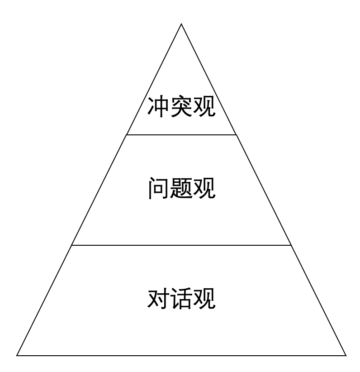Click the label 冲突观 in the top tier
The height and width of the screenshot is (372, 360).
click(181, 106)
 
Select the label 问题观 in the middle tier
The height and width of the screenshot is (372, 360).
click(182, 188)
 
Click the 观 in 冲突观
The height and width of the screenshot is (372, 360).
click(204, 106)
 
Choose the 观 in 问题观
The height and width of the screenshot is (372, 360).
click(204, 188)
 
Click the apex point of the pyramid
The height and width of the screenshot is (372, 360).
click(181, 24)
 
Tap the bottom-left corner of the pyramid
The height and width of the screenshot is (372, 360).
click(17, 356)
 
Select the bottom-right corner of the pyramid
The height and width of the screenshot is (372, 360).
click(346, 356)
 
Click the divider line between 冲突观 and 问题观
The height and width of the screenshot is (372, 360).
click(181, 135)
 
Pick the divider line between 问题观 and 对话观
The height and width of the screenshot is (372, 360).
click(181, 245)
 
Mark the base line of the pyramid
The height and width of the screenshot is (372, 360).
click(181, 356)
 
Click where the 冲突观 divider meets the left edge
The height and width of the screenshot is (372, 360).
click(126, 135)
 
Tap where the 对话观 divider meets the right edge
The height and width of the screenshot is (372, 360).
click(291, 245)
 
